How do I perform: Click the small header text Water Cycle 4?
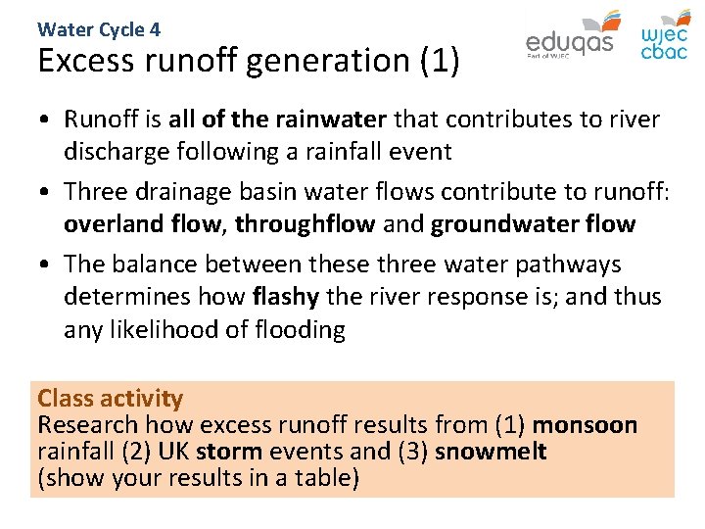[99, 29]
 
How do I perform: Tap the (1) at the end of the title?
[438, 61]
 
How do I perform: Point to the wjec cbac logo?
[664, 36]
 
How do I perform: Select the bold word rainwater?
[331, 120]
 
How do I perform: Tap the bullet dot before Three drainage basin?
[46, 192]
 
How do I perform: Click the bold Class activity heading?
[110, 398]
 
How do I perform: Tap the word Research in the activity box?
[87, 425]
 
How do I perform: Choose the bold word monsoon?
[585, 425]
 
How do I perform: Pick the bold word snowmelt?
[491, 452]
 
